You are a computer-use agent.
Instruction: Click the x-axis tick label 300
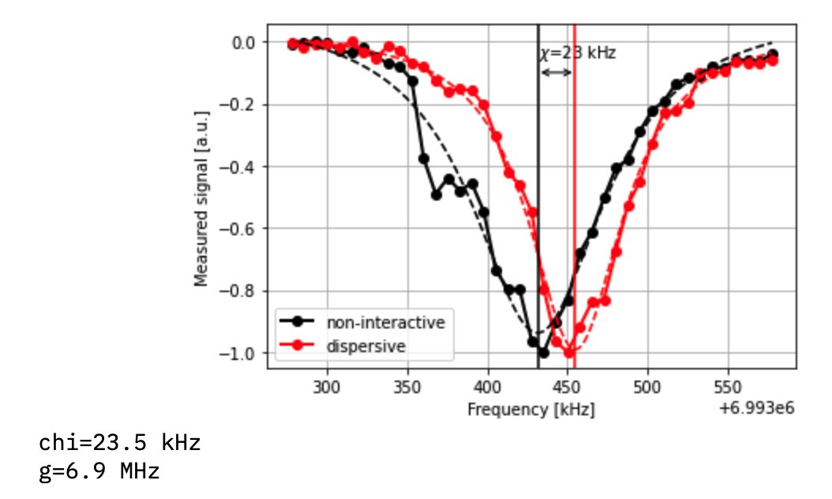[326, 388]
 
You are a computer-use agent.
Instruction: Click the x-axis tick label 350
[407, 388]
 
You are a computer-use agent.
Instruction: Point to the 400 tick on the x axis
[488, 388]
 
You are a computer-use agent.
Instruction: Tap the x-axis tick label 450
[568, 388]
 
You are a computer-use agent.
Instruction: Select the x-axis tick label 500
[648, 388]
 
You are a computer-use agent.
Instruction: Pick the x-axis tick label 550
[729, 388]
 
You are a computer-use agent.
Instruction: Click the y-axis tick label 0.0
[244, 42]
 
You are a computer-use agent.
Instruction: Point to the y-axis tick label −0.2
[239, 104]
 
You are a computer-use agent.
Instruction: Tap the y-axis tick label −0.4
[239, 167]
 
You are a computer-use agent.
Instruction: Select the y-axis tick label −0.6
[239, 229]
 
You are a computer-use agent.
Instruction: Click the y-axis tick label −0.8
[239, 291]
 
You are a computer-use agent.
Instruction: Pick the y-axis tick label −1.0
[239, 353]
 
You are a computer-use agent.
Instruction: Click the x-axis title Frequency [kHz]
[530, 409]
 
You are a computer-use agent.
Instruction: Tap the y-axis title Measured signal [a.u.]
[201, 198]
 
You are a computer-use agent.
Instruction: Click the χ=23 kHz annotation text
[578, 53]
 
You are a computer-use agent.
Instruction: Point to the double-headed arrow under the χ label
[557, 73]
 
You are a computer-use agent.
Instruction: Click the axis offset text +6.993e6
[757, 408]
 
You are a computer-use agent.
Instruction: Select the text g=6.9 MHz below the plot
[99, 472]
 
